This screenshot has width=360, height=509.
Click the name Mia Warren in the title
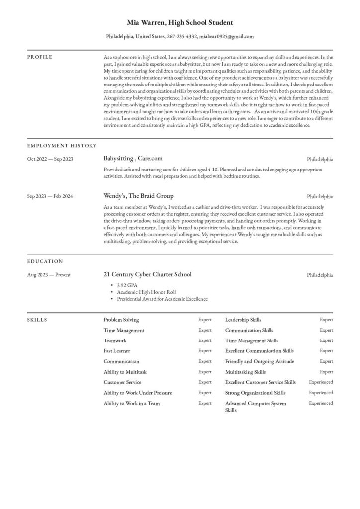click(x=146, y=23)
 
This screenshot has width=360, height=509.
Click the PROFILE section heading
click(x=39, y=57)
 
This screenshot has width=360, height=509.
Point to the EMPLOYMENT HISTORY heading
click(x=62, y=146)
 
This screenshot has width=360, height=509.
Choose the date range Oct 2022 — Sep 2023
click(x=50, y=159)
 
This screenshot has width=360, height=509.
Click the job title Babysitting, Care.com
click(x=133, y=159)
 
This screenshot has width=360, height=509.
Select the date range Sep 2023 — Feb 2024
click(x=50, y=196)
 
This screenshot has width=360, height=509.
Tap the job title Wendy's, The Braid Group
click(x=138, y=196)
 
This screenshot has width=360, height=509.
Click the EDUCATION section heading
click(x=45, y=261)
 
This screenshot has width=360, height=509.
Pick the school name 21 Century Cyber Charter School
click(x=147, y=274)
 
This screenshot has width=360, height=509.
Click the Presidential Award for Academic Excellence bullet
click(x=162, y=299)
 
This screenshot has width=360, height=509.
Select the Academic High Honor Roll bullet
click(x=146, y=292)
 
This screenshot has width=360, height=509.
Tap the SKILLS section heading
click(x=37, y=320)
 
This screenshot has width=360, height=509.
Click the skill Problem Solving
click(x=121, y=320)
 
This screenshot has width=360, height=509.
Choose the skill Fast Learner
click(x=117, y=351)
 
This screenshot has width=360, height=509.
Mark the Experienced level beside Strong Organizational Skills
click(x=321, y=393)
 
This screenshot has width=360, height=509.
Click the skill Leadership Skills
click(x=243, y=320)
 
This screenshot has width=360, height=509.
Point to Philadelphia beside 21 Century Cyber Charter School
click(x=320, y=275)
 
